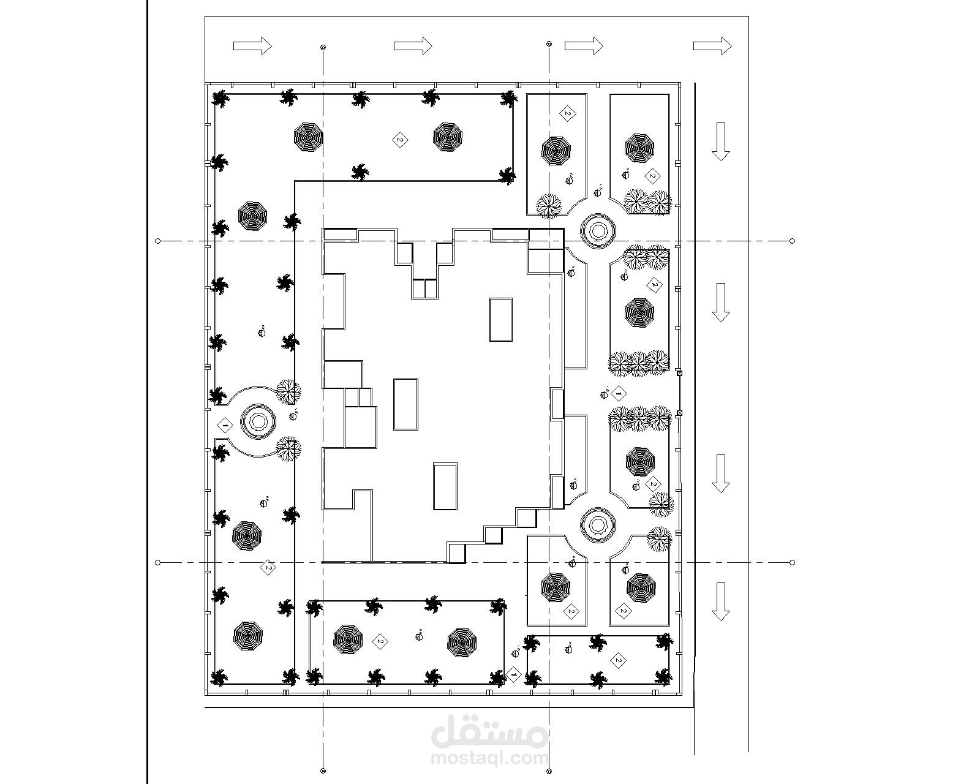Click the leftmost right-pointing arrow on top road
tap(252, 45)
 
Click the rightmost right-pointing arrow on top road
tap(712, 45)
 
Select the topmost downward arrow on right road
tap(721, 141)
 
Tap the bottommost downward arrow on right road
tap(721, 601)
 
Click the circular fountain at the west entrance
tap(256, 421)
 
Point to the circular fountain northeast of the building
tap(598, 231)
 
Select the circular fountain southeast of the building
tap(597, 524)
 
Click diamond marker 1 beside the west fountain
tap(225, 424)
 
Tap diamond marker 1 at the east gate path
tap(619, 393)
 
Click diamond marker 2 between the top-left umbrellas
tap(399, 140)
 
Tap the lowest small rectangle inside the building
tap(445, 486)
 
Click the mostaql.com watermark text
tap(489, 758)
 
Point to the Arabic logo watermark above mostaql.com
tap(489, 731)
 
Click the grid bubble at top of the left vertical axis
tap(323, 47)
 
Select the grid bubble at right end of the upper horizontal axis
tap(793, 241)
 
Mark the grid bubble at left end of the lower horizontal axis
tap(158, 562)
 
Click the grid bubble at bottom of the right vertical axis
tap(548, 770)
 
